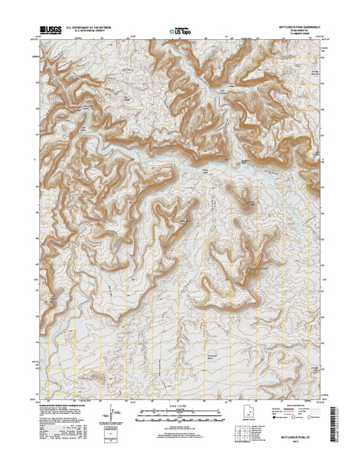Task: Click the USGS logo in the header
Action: tap(46, 33)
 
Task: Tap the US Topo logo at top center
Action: tap(180, 33)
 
